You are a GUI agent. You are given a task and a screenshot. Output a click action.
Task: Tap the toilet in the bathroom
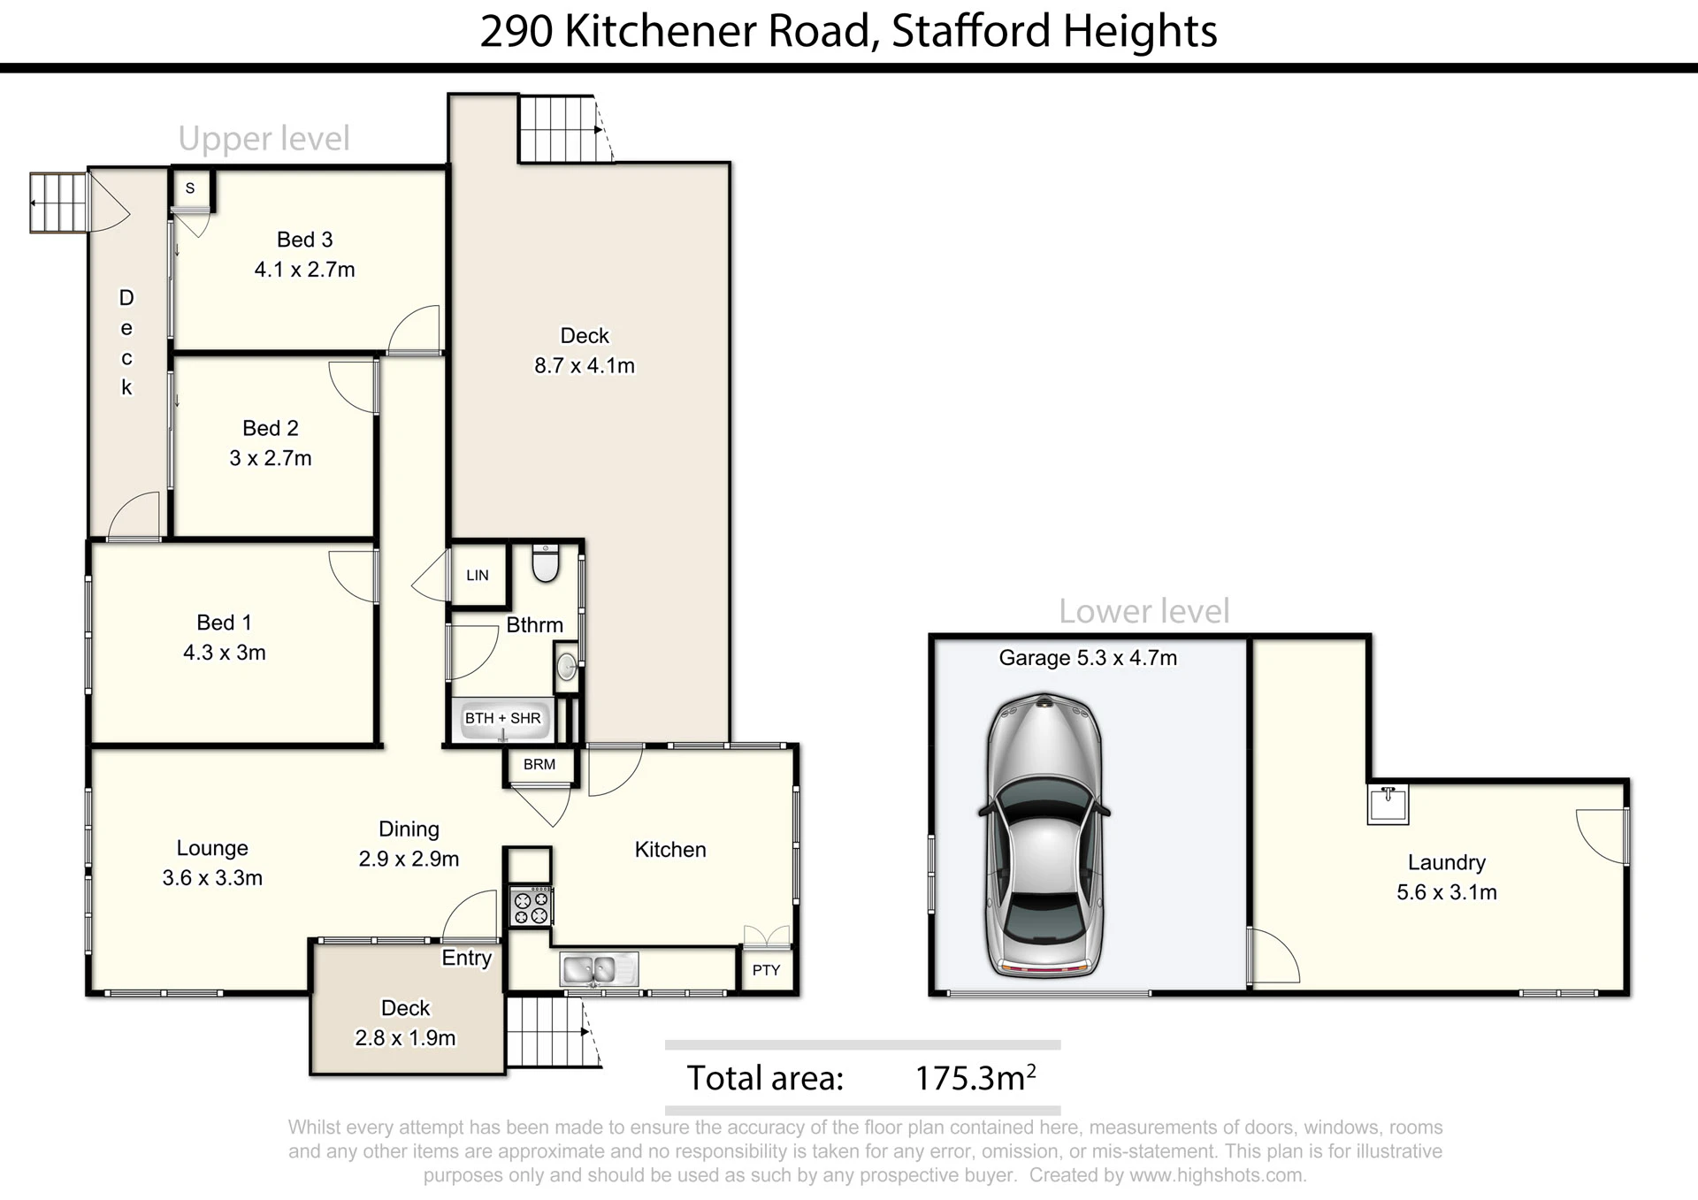(x=546, y=563)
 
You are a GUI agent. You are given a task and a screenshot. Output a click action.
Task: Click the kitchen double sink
(x=599, y=969)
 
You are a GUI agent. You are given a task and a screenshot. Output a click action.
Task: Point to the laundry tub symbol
(x=1388, y=804)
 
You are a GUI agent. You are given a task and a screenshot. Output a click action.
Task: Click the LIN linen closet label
(x=478, y=576)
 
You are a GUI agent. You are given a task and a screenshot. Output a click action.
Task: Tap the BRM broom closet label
(x=539, y=765)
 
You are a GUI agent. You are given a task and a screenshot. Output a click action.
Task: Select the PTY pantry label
(x=766, y=970)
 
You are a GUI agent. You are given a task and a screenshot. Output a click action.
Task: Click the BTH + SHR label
(x=502, y=718)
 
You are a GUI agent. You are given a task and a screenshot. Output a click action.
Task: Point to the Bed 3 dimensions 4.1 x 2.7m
(x=305, y=270)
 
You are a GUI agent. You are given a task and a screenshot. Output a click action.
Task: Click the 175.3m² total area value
(x=975, y=1077)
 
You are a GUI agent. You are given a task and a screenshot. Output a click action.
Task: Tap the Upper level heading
(x=264, y=138)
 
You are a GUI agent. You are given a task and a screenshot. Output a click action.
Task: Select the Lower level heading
(x=1144, y=611)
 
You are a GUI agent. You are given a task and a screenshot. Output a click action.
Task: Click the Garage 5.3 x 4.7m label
(x=1088, y=658)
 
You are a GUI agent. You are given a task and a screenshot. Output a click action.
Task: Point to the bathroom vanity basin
(x=566, y=668)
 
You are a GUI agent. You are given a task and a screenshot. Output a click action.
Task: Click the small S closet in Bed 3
(x=190, y=188)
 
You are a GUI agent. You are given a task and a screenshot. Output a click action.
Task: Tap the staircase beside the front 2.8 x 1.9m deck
(x=554, y=1032)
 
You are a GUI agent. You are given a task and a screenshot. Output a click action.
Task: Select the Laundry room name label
(x=1447, y=863)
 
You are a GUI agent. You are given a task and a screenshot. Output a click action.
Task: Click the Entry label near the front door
(x=467, y=958)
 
